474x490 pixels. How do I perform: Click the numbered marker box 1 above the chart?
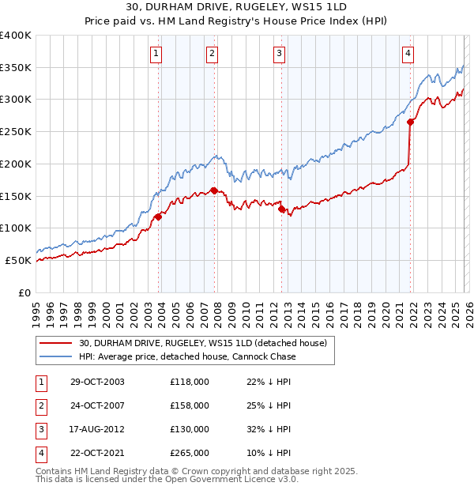point(156,54)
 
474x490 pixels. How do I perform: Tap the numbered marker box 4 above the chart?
point(408,54)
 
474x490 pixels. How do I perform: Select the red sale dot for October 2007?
point(214,190)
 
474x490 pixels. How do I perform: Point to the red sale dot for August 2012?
point(281,209)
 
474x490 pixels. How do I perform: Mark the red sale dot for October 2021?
point(410,122)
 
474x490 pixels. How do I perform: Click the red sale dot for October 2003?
point(158,216)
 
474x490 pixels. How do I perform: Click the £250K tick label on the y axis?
point(15,131)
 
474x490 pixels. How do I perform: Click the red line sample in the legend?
point(56,343)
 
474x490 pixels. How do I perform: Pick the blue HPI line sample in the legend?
point(56,356)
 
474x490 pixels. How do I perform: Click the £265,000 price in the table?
point(189,453)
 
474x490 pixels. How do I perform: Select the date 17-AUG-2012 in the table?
point(97,429)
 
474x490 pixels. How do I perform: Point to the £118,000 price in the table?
point(189,382)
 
